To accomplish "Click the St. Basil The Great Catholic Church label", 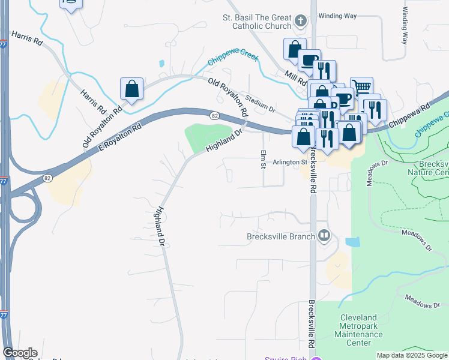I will click(x=256, y=23).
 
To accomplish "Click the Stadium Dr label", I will click(x=259, y=102).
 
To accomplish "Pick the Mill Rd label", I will click(x=296, y=77).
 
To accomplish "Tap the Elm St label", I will click(x=262, y=159).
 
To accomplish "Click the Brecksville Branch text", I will click(x=281, y=236).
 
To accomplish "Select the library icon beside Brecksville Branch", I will click(x=324, y=235).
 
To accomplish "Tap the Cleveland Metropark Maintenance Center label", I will click(x=358, y=330).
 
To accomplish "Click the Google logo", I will click(x=20, y=353).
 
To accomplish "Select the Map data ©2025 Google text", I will click(x=412, y=355).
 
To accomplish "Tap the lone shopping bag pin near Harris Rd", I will click(x=131, y=89).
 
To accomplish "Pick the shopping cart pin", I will click(x=361, y=88).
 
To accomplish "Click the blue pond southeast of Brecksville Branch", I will click(x=353, y=242).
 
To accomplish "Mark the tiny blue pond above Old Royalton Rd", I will click(x=161, y=63).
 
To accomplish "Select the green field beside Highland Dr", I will click(x=206, y=136).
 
